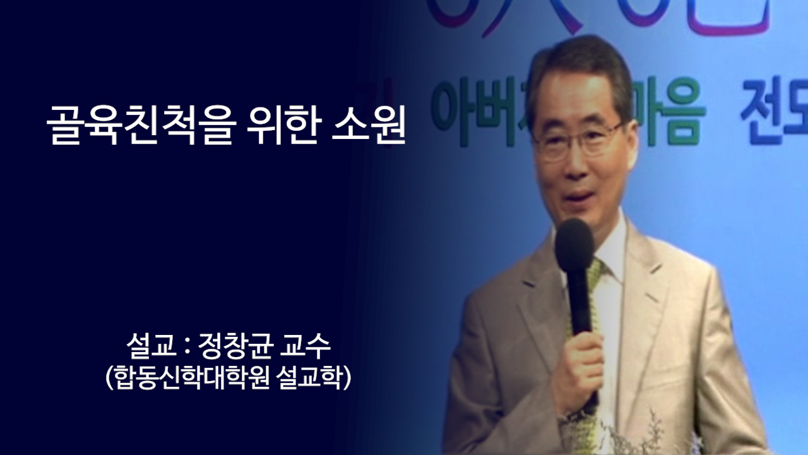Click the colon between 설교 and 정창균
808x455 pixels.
tap(184, 348)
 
